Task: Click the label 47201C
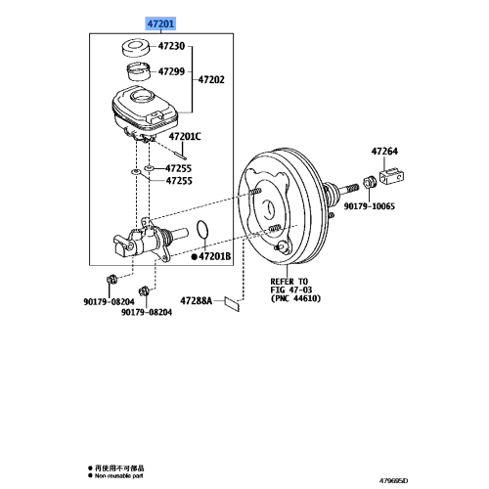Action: pyautogui.click(x=183, y=137)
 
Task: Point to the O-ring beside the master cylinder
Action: pyautogui.click(x=201, y=230)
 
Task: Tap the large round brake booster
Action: pyautogui.click(x=277, y=211)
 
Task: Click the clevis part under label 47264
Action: pyautogui.click(x=394, y=181)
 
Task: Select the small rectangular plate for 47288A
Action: pyautogui.click(x=233, y=303)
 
